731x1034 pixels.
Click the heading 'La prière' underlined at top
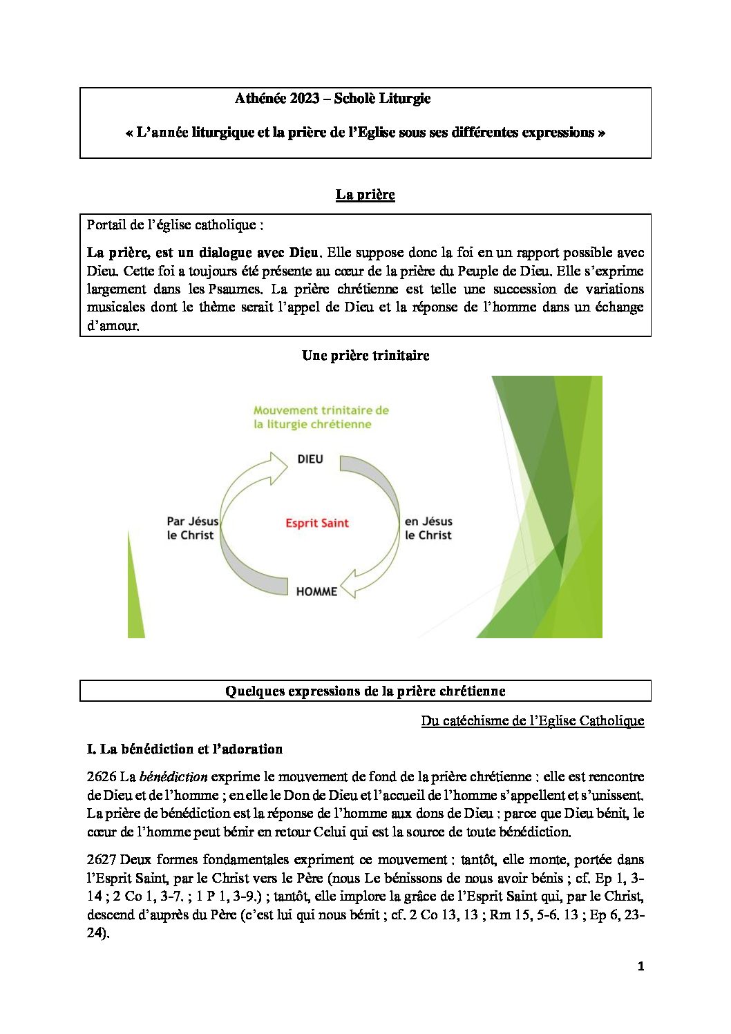click(x=365, y=195)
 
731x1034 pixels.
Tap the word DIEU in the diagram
click(x=310, y=459)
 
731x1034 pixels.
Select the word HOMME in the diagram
click(x=316, y=592)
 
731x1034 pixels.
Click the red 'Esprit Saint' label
click(x=317, y=524)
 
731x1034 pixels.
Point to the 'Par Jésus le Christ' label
click(x=192, y=528)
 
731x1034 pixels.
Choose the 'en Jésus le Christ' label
click(x=428, y=528)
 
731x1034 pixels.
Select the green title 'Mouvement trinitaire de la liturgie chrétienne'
click(x=321, y=417)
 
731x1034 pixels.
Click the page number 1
click(x=640, y=966)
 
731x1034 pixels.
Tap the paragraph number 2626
click(x=101, y=777)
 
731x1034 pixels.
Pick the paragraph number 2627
click(x=101, y=860)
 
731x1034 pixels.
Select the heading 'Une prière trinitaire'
click(x=365, y=356)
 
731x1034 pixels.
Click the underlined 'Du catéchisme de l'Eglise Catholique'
click(x=532, y=721)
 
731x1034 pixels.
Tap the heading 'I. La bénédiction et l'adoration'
click(x=184, y=749)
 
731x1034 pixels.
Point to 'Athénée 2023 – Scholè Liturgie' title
click(x=332, y=99)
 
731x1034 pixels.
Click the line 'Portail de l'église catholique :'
click(x=175, y=225)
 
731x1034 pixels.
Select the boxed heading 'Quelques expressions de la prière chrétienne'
click(x=365, y=691)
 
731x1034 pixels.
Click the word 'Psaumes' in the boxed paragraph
click(x=234, y=289)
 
